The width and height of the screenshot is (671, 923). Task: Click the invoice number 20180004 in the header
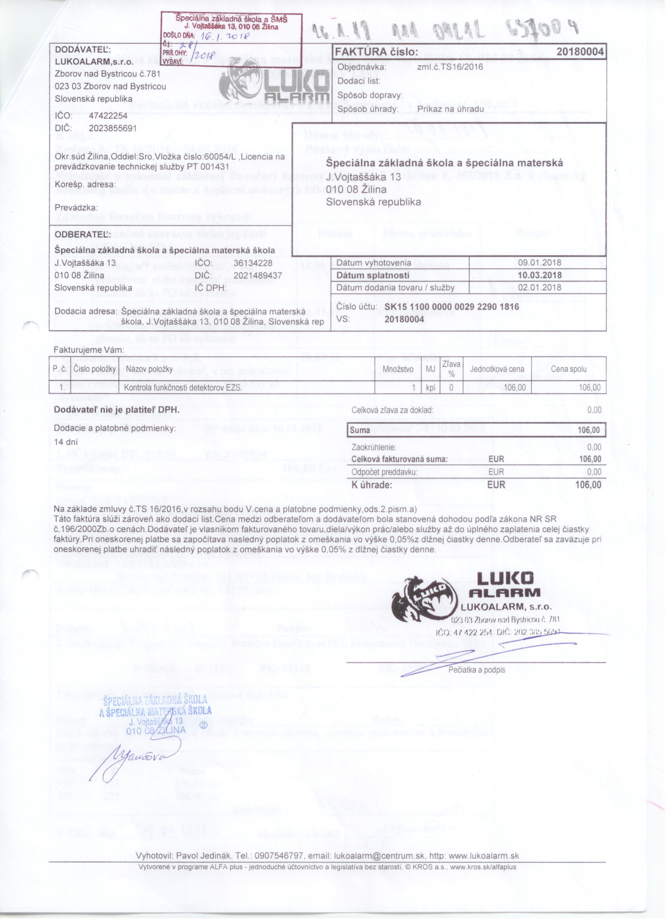579,52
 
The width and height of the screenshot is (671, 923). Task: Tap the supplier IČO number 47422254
108,116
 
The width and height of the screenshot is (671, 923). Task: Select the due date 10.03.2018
539,275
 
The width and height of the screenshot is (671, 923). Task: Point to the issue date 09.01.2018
539,263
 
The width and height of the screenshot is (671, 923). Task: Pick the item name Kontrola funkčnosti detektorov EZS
183,387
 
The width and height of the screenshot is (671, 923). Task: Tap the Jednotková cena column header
497,369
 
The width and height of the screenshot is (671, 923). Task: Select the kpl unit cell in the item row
430,387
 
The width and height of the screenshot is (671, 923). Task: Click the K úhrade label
371,485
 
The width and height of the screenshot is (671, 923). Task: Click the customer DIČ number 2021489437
258,276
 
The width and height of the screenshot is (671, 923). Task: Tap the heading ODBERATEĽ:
82,235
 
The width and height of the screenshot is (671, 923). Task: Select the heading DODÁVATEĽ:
82,50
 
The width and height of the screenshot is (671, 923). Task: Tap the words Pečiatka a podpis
476,670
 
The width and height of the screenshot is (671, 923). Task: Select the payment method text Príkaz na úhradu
450,109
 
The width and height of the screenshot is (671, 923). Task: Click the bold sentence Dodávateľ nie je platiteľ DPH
116,410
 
